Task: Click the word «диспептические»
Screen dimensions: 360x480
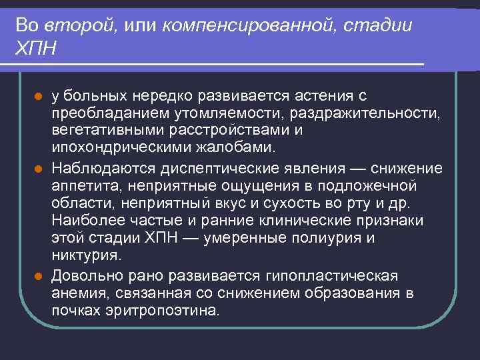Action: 207,167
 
